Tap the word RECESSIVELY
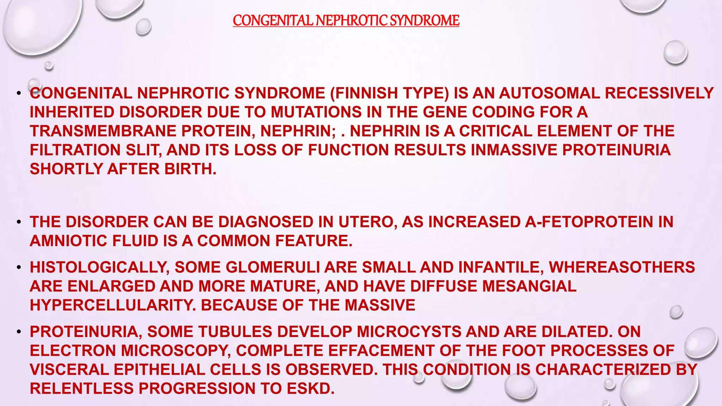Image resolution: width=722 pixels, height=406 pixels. pyautogui.click(x=659, y=93)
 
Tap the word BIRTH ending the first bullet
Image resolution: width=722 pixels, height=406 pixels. pyautogui.click(x=190, y=170)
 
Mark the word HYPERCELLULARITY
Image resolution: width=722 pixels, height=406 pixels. pyautogui.click(x=113, y=306)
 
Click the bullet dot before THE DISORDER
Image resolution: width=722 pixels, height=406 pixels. pyautogui.click(x=19, y=222)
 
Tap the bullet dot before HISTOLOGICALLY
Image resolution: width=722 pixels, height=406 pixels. pyautogui.click(x=19, y=267)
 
